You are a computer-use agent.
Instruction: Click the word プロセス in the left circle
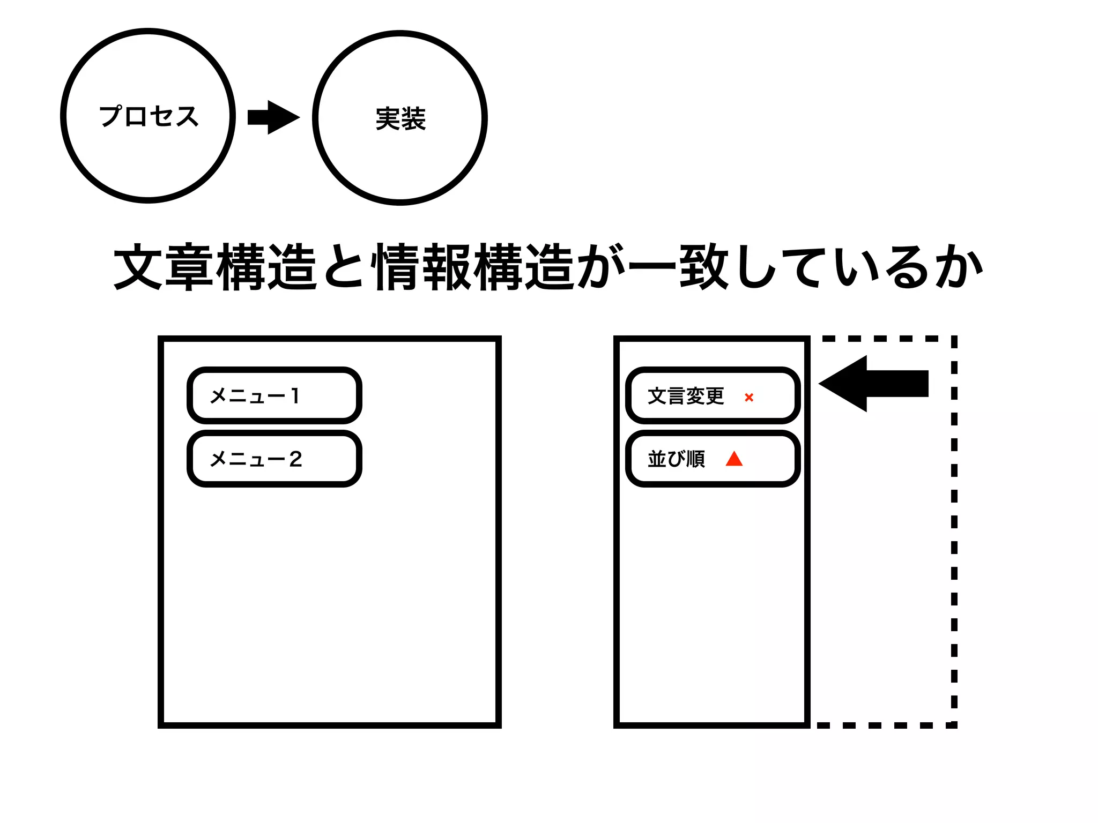point(149,116)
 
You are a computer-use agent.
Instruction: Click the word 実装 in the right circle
point(400,118)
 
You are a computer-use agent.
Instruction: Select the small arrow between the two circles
point(273,117)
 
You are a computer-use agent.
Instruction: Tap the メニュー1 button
point(274,395)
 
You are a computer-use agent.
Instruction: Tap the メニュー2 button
point(274,459)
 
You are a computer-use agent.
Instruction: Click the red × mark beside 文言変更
point(749,397)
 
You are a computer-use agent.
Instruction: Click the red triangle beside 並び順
point(734,459)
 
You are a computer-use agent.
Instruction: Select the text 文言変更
point(686,396)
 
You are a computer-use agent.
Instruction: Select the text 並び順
point(676,459)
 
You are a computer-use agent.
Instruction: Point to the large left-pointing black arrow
point(874,384)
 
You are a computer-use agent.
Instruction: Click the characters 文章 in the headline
point(164,267)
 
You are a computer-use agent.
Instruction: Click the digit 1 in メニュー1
point(294,395)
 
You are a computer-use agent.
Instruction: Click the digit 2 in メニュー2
point(295,459)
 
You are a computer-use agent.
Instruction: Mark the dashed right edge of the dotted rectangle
point(954,536)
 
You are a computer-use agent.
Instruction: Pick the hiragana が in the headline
point(600,267)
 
